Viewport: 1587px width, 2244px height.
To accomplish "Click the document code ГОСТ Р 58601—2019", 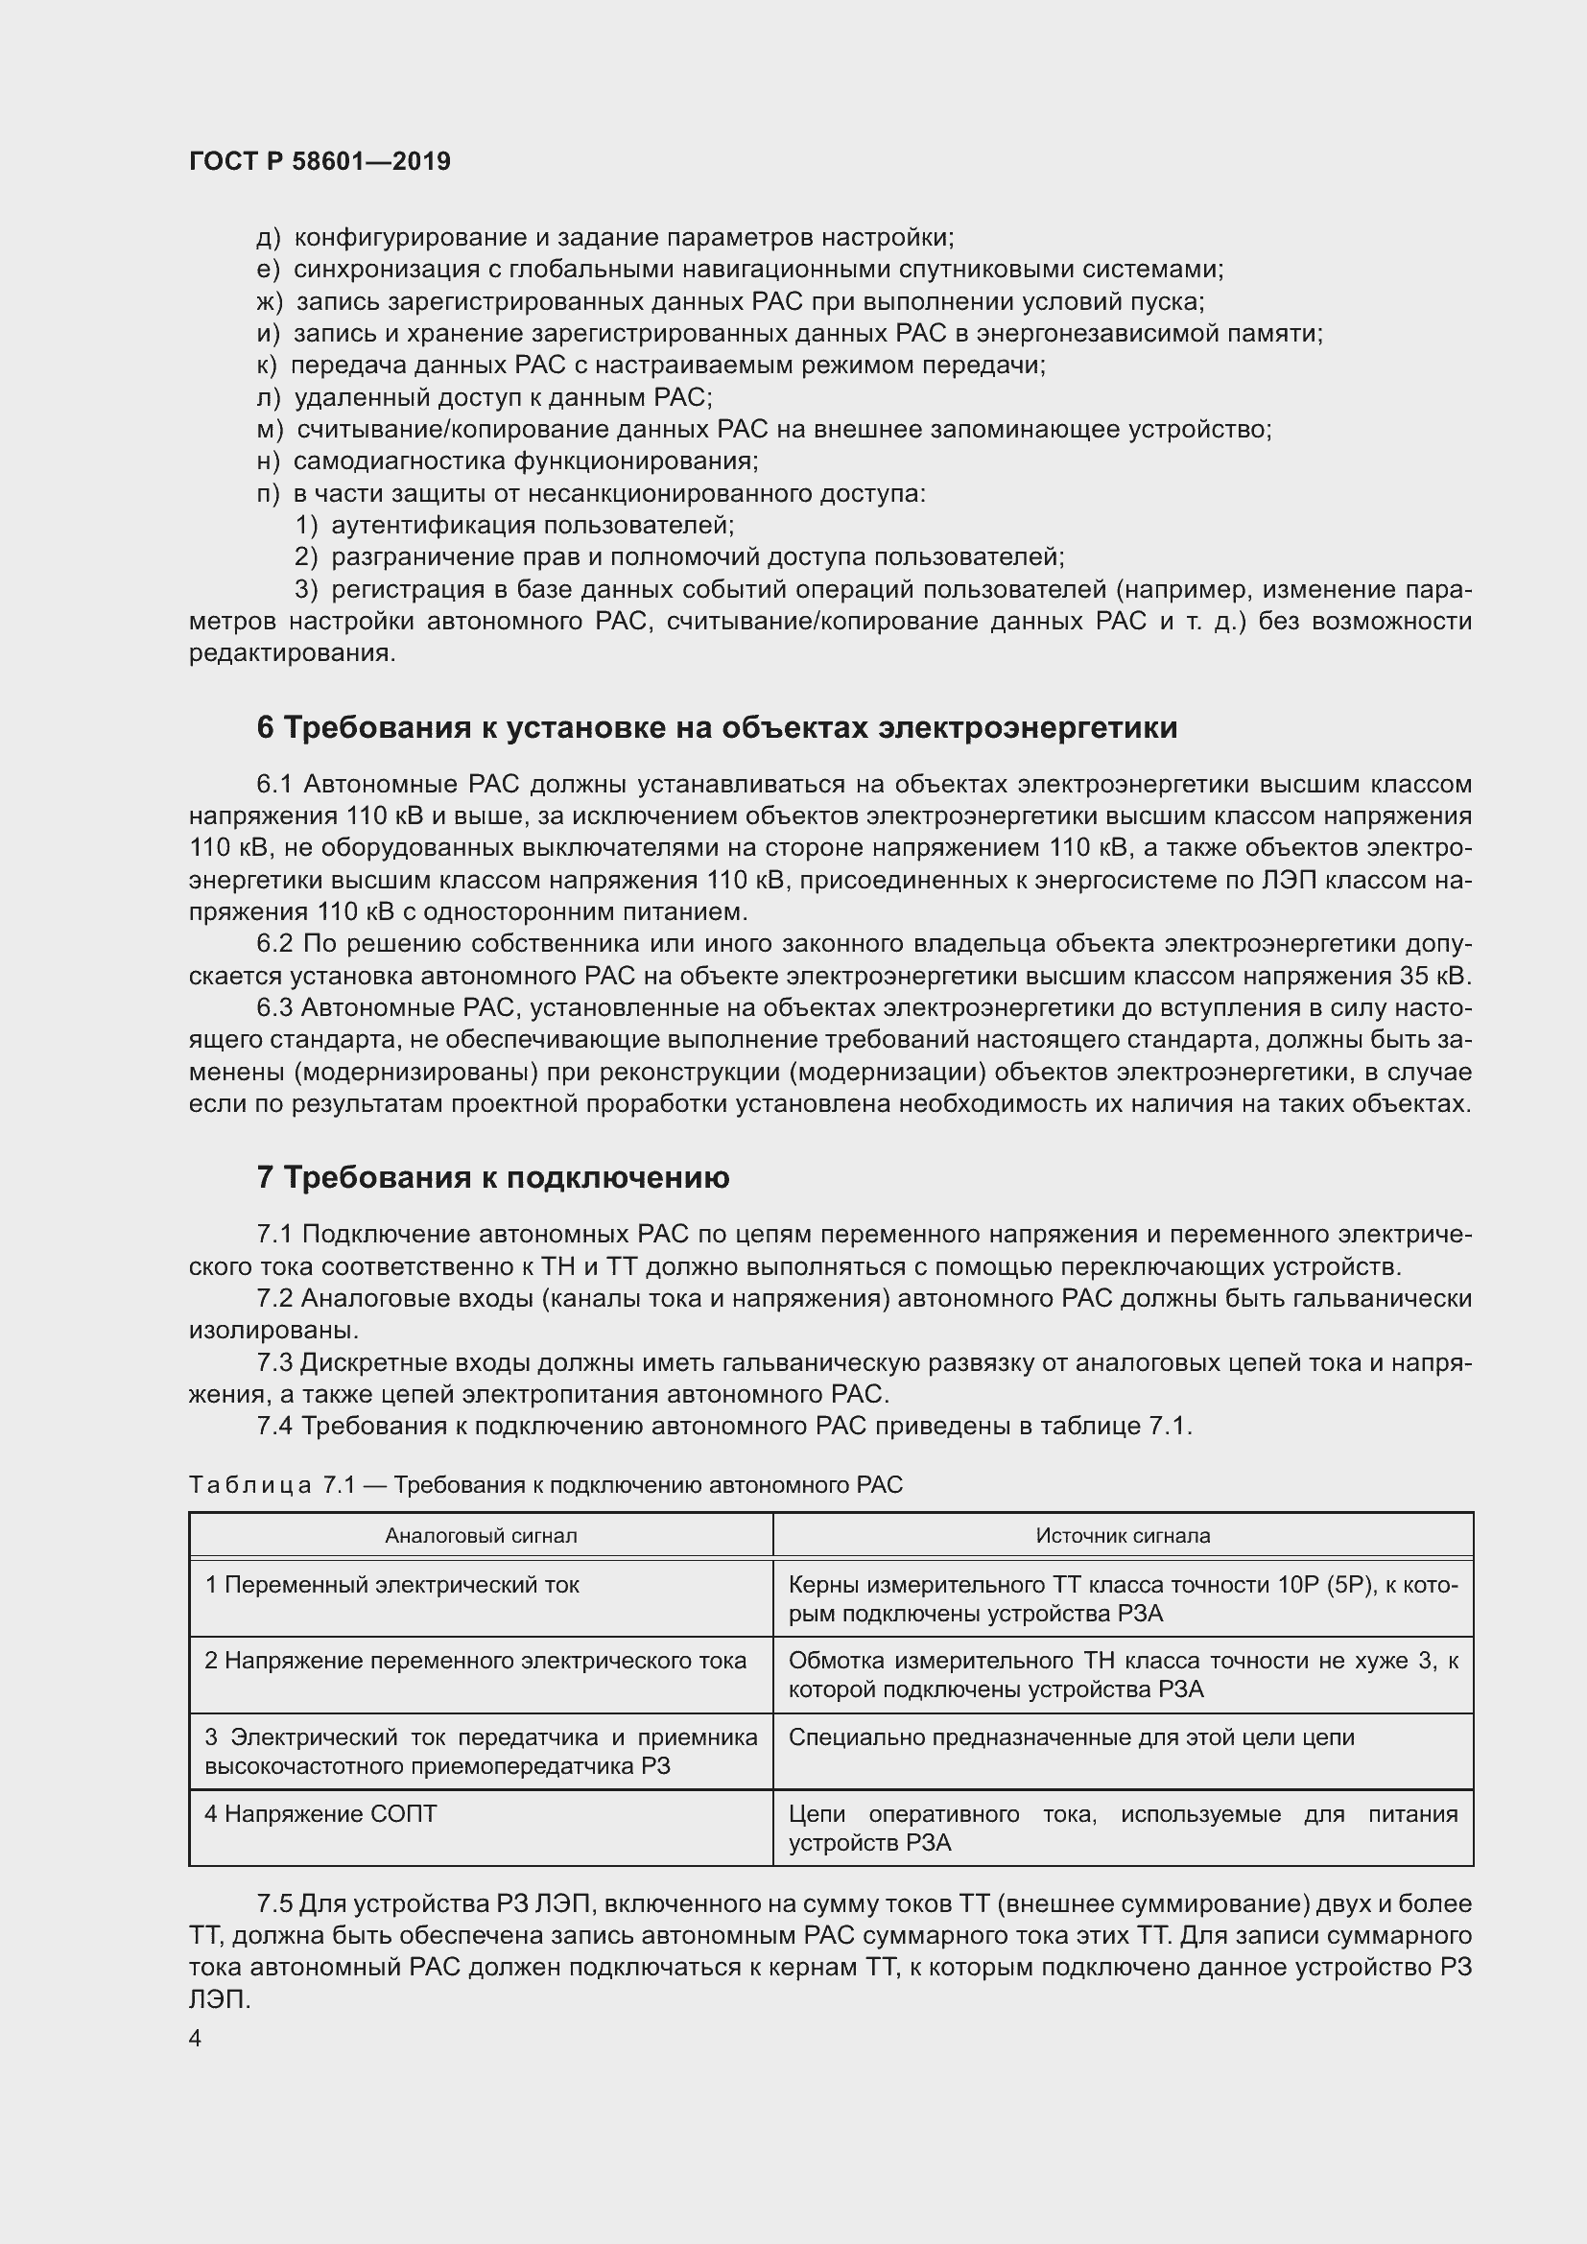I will (x=320, y=161).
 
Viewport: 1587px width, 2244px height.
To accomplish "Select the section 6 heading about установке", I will (x=717, y=728).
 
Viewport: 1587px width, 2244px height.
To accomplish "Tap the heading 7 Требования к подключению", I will (x=492, y=1178).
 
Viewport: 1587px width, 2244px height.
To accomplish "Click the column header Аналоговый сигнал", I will (x=481, y=1535).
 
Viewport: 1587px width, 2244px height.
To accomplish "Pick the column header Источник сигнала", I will (x=1123, y=1535).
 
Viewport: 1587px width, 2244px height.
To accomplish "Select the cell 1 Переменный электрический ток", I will (x=391, y=1584).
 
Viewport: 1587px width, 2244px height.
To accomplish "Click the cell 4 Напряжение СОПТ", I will (x=320, y=1814).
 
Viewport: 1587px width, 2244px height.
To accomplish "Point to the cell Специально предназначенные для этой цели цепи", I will (x=1071, y=1737).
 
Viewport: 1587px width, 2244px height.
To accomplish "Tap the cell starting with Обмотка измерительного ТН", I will (x=1122, y=1675).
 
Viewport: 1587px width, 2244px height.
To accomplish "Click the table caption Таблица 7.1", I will (x=544, y=1485).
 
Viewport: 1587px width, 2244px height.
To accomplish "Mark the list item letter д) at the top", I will (x=268, y=238).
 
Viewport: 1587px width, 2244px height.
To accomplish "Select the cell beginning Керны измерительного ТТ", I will (x=1122, y=1599).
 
